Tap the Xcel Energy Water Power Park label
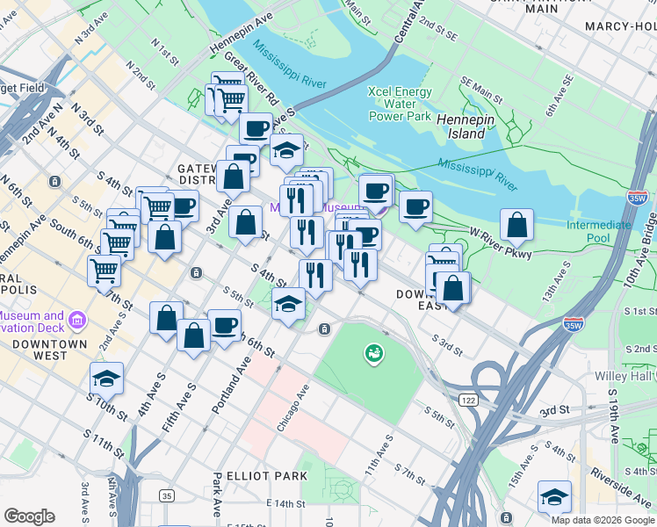pos(400,104)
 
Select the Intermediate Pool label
pos(599,231)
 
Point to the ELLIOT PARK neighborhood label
pos(266,475)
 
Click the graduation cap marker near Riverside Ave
pos(554,497)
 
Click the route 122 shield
pos(492,400)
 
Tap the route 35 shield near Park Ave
pos(167,496)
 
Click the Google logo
pos(29,516)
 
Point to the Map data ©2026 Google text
pos(603,520)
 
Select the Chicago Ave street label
pos(294,408)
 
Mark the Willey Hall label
pos(638,377)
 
